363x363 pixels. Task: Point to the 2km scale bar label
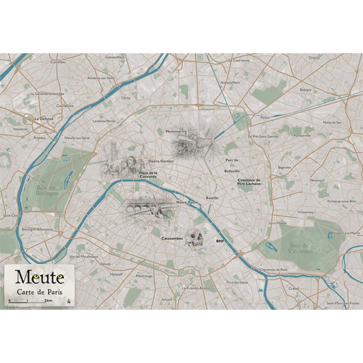click(48, 301)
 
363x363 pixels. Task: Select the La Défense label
click(44, 119)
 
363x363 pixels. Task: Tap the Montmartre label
click(176, 131)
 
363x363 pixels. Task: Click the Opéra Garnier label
click(160, 162)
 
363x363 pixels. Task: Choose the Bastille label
click(212, 198)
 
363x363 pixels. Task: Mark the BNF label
click(220, 240)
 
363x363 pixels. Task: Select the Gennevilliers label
click(114, 57)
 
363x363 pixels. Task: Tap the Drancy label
click(314, 58)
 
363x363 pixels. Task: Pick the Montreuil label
click(317, 180)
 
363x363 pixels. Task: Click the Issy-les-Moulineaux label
click(84, 256)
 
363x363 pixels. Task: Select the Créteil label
click(294, 289)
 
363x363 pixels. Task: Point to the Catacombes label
click(172, 238)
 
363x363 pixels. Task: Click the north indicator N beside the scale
click(69, 301)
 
